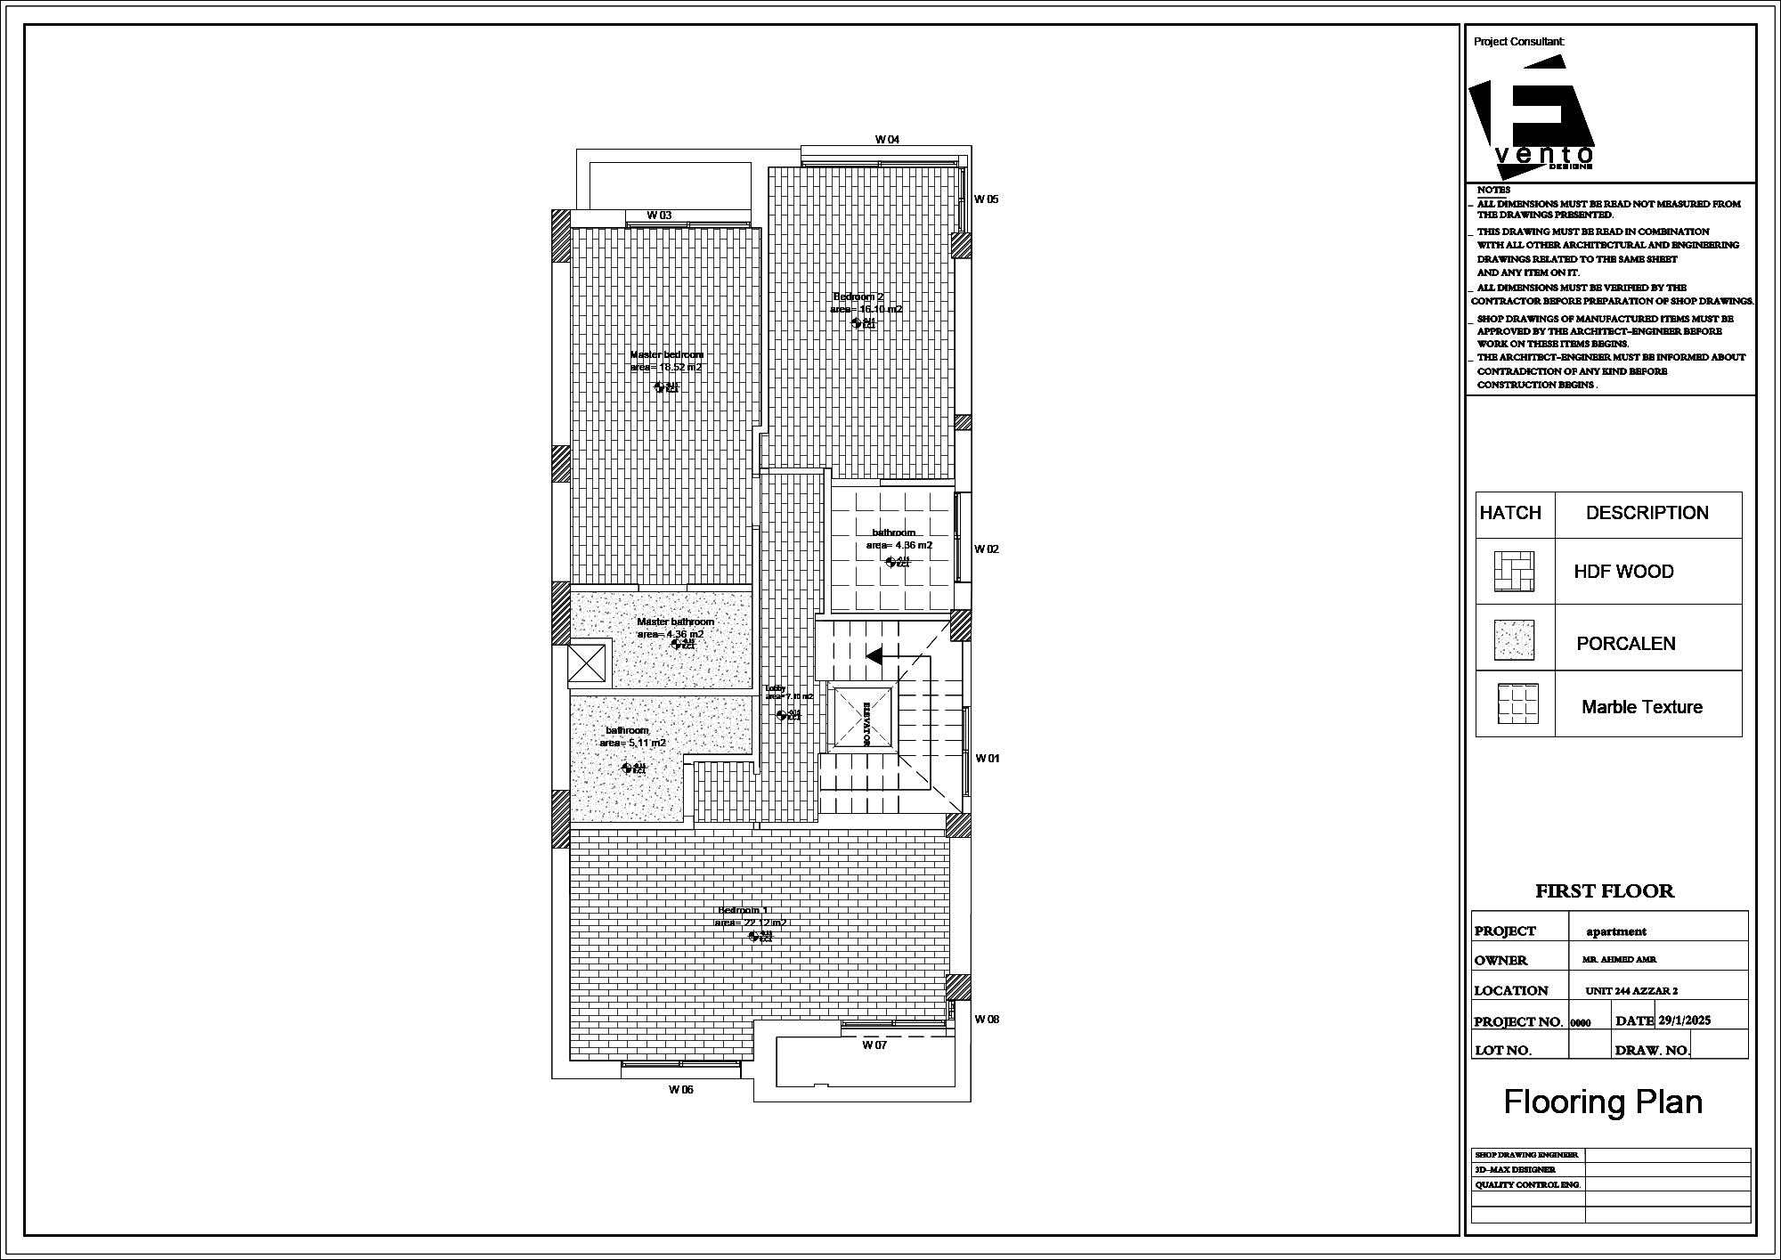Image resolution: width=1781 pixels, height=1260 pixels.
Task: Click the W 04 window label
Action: coord(887,140)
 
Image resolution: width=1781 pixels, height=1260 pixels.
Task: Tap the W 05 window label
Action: coord(986,199)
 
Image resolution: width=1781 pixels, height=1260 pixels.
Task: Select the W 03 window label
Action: coord(659,215)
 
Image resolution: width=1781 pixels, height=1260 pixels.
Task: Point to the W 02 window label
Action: coord(986,549)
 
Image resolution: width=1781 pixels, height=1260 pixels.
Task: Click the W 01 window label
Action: coord(987,759)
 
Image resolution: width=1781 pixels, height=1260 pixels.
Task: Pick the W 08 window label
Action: coord(987,1020)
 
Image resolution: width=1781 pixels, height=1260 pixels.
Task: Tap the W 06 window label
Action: coord(680,1090)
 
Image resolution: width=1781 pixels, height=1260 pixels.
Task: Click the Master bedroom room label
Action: coord(666,355)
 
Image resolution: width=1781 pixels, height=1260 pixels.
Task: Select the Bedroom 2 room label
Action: coord(858,297)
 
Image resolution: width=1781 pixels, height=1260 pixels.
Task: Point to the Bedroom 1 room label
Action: coord(742,911)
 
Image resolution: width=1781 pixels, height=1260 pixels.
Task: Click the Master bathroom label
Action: coord(675,622)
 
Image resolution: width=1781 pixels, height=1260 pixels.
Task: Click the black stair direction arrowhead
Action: coord(874,656)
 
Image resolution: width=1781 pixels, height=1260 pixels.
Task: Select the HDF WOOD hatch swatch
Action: coord(1514,572)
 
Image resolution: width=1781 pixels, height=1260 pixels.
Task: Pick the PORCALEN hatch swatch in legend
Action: coord(1514,639)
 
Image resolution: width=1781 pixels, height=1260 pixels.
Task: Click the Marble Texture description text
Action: coord(1641,708)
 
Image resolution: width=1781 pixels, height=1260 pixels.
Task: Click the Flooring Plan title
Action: coord(1603,1102)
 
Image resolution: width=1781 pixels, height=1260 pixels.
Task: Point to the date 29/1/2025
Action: coord(1684,1021)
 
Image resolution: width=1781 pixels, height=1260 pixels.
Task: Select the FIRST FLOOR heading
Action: coord(1604,891)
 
